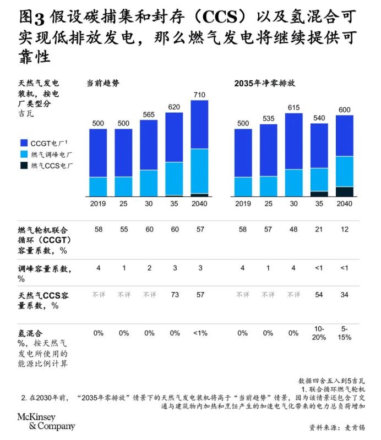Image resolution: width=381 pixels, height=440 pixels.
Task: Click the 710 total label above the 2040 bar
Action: click(x=199, y=95)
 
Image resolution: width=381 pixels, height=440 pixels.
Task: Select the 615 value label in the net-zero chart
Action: click(x=293, y=108)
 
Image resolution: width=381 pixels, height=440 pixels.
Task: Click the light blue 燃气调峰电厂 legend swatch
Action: click(x=24, y=154)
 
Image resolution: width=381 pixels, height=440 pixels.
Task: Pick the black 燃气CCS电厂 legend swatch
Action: click(x=24, y=164)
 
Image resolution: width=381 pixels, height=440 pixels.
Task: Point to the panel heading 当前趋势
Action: click(x=103, y=84)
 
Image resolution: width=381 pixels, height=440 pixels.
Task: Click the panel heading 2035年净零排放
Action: click(x=265, y=84)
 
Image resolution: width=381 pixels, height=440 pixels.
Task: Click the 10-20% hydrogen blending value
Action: click(x=319, y=333)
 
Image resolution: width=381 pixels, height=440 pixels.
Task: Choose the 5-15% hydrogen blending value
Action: click(x=345, y=333)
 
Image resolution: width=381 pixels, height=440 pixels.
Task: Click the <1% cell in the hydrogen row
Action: click(x=199, y=333)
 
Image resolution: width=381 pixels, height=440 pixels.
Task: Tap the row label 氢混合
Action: click(x=30, y=333)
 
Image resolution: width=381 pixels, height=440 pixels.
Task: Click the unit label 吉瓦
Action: click(x=25, y=114)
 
